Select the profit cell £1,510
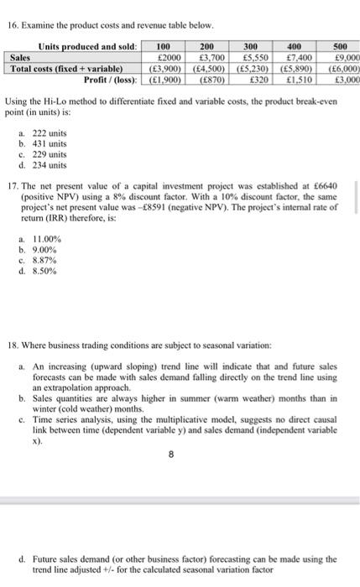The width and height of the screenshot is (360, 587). click(x=299, y=75)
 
